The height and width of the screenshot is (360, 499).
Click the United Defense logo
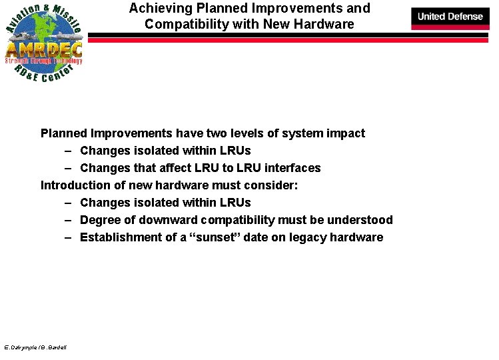tap(450, 16)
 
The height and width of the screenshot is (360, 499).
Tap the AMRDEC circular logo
tap(44, 43)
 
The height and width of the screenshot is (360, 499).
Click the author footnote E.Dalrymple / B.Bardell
tap(35, 347)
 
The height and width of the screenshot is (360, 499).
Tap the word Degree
tap(100, 220)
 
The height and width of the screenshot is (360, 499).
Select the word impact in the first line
tap(346, 133)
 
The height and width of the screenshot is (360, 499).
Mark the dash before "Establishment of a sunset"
tap(69, 237)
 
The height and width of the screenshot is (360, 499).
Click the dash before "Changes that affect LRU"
tap(69, 168)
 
